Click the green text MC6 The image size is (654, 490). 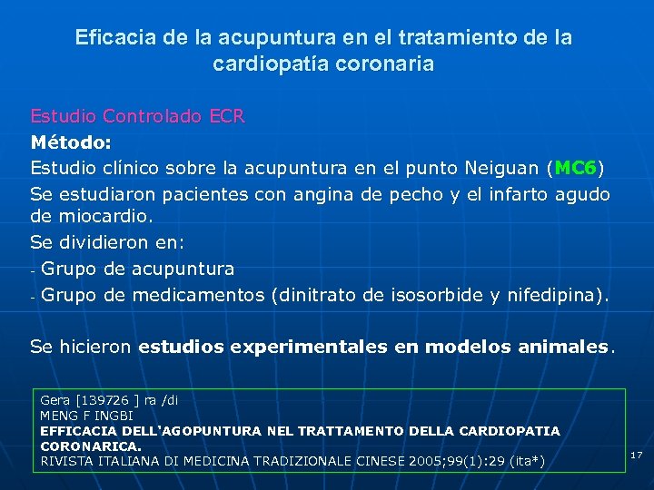coord(575,168)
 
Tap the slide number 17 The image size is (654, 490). coord(636,455)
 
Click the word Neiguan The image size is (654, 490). coord(502,168)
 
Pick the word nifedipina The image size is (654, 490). coord(562,295)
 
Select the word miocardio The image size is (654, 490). coord(106,218)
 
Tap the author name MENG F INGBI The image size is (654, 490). coord(86,416)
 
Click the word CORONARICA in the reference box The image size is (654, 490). coord(89,446)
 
